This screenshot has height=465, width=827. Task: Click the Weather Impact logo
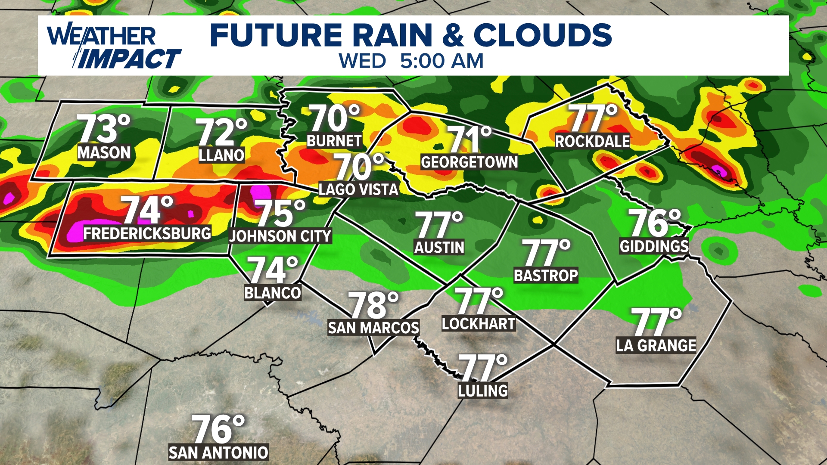coord(113,47)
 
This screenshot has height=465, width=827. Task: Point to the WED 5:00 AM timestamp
coord(411,61)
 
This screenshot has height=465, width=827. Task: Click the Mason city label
coord(104,153)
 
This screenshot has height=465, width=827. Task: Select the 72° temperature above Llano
coord(221,132)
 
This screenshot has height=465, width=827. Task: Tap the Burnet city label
coord(334,141)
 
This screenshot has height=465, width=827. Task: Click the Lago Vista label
coord(358,189)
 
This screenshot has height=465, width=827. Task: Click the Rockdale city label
coord(592,141)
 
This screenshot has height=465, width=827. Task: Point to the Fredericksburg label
coord(147,233)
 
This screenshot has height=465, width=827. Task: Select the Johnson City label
coord(280,236)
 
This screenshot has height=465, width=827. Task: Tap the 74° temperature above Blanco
coord(272,270)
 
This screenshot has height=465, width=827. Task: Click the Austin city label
coord(439,247)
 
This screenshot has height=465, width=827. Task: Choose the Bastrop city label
coord(546,276)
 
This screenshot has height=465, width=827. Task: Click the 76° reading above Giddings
coord(654,223)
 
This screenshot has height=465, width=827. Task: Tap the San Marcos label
coord(373,328)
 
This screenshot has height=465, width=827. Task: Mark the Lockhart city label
coord(479,324)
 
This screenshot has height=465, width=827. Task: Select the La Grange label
coord(656,346)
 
